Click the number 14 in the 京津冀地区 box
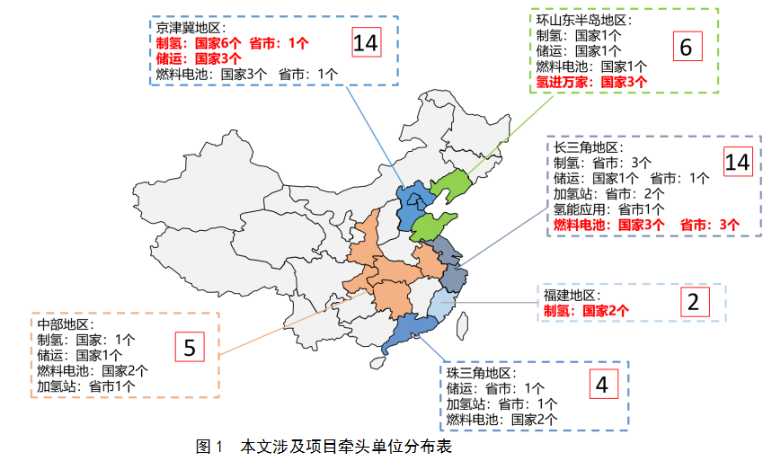[x=366, y=42]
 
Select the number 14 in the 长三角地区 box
[x=736, y=162]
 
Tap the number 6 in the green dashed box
[x=685, y=49]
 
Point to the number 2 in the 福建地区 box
[x=692, y=302]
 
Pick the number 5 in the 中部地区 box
[x=190, y=346]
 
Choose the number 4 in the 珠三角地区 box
[x=601, y=385]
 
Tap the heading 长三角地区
[x=589, y=146]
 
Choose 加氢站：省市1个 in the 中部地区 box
[x=86, y=386]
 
